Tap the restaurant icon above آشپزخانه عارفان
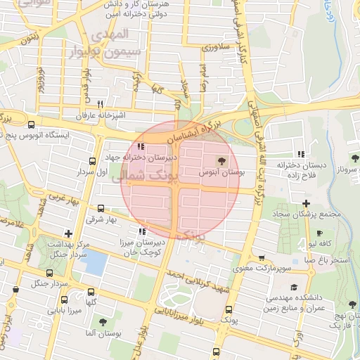click(101, 103)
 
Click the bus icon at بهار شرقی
click(101, 208)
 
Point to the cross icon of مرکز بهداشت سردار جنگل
click(68, 233)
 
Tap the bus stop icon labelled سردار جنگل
click(49, 273)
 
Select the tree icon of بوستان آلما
click(103, 321)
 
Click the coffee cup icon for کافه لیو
click(319, 233)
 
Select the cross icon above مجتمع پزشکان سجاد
click(305, 203)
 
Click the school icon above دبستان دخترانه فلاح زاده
click(302, 154)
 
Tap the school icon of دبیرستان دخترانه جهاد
click(141, 147)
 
